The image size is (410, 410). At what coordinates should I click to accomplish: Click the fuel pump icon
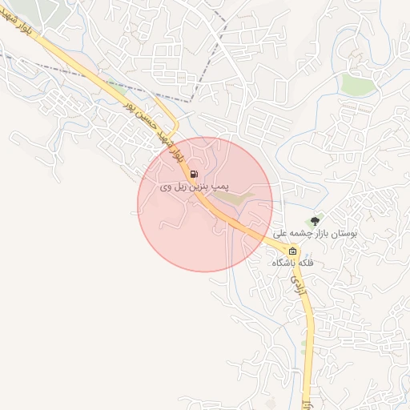point(195,174)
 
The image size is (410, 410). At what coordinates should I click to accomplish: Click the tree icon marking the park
point(315,220)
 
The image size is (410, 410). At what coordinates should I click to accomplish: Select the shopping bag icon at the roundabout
point(292,251)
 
